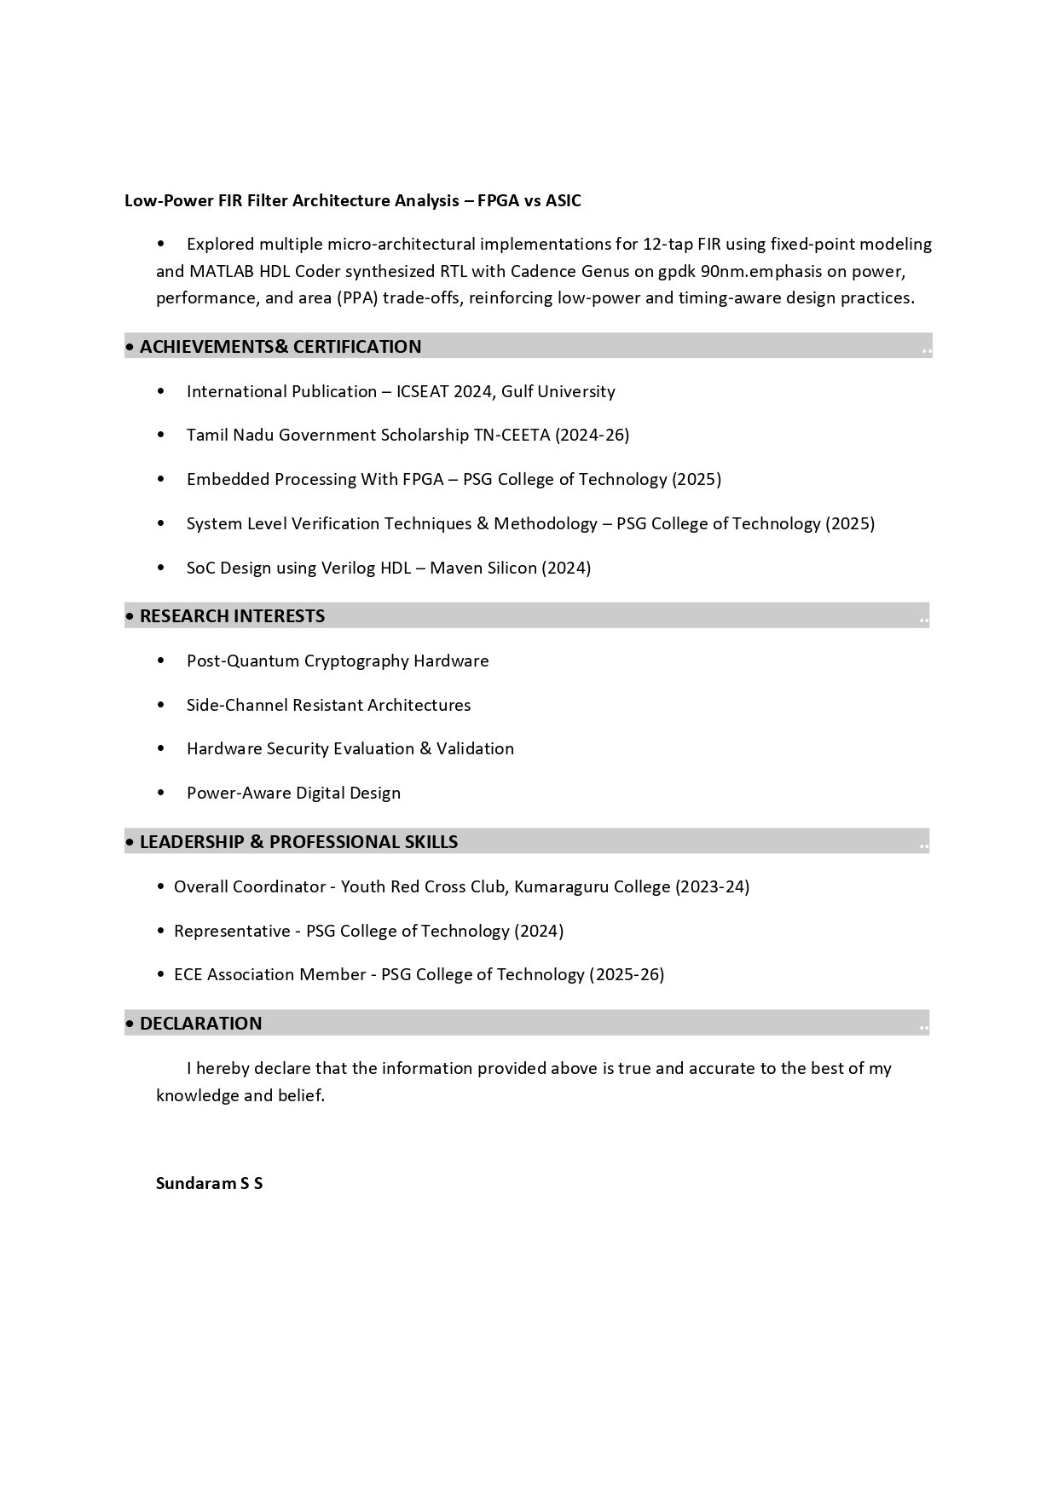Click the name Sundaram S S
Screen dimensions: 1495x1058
pyautogui.click(x=209, y=1183)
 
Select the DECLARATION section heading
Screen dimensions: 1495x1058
pyautogui.click(x=200, y=1024)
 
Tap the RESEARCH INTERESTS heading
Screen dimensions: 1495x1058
pyautogui.click(x=232, y=616)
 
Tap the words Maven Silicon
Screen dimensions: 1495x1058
pyautogui.click(x=483, y=568)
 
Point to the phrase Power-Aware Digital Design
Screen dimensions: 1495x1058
pyautogui.click(x=293, y=794)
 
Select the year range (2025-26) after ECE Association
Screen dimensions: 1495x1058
pyautogui.click(x=627, y=974)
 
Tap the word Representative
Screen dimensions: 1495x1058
pyautogui.click(x=232, y=931)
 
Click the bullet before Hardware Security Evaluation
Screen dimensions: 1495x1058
pyautogui.click(x=161, y=748)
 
